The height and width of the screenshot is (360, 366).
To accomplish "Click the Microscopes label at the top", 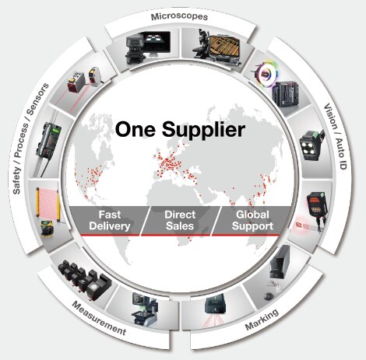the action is pos(179,17).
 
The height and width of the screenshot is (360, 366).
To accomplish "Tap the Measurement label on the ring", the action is pos(99,318).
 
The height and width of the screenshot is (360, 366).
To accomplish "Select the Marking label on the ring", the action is pos(262,319).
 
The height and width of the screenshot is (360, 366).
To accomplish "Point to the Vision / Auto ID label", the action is pos(336,136).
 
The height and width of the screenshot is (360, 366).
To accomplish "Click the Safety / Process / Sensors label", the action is pos(31,138).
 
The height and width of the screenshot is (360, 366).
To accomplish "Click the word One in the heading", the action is pos(135,129).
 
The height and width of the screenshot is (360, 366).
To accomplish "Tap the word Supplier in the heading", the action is pos(203,131).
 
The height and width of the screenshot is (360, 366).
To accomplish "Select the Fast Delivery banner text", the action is pos(110,220).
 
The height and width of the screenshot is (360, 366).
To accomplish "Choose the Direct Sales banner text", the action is pos(180,220).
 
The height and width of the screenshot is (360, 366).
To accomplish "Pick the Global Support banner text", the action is pos(252,220).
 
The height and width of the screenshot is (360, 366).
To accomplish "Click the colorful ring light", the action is pos(266,71).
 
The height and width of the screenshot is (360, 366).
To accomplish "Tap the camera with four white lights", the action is pos(311,145).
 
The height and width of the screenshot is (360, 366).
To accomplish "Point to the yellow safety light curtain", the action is pos(48,204).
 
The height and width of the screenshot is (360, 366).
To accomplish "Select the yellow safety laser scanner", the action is pos(48,228).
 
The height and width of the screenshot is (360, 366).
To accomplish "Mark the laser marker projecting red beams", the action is pos(215,310).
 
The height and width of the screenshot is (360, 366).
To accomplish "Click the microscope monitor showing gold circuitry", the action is pos(224,47).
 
